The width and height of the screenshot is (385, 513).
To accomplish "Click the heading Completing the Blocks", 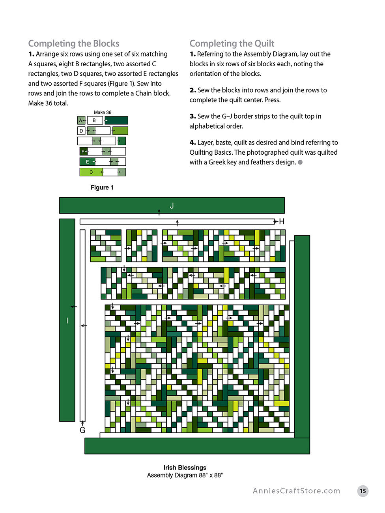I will click(74, 43).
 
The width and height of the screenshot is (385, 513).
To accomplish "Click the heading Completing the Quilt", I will click(232, 43).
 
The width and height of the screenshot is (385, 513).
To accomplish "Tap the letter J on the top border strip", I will click(172, 206).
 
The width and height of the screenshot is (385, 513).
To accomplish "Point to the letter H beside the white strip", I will click(282, 221).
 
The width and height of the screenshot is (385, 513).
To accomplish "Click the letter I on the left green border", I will click(67, 320).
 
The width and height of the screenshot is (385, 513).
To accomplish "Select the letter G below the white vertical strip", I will click(82, 430).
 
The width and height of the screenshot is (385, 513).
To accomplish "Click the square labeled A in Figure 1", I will click(81, 120).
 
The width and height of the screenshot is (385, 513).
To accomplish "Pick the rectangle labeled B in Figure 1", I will click(95, 120).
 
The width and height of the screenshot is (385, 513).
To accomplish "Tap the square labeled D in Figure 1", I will click(81, 131).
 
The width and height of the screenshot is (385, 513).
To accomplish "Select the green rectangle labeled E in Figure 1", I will click(88, 162).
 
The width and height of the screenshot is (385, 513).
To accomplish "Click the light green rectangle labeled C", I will click(91, 172).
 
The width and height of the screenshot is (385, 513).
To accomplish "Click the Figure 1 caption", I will click(102, 187).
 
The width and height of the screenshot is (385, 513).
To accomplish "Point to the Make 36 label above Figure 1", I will click(103, 112).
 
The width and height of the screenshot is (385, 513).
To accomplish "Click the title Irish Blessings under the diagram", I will click(185, 468).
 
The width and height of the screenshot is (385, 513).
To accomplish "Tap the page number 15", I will click(363, 491).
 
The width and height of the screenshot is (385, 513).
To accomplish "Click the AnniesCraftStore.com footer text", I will click(296, 491).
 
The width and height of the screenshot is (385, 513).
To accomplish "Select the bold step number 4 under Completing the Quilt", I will click(192, 142).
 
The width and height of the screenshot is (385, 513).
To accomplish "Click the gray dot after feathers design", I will click(300, 162).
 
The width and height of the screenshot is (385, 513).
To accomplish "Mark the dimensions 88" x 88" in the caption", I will click(211, 475).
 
